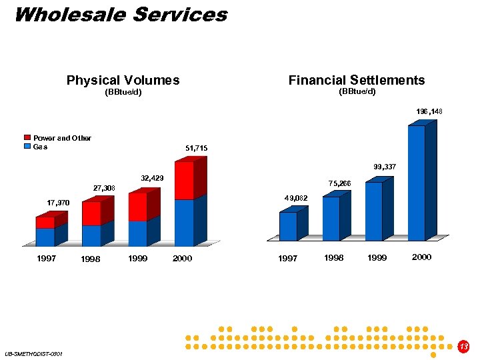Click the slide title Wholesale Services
(120, 15)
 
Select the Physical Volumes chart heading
(123, 81)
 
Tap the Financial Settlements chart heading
(356, 81)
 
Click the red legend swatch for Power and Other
(28, 138)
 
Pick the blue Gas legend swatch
(28, 147)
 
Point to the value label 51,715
(197, 147)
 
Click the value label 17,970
(59, 203)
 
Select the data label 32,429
(153, 179)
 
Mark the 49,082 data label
(295, 198)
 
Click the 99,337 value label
(385, 166)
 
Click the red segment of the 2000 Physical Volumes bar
(184, 181)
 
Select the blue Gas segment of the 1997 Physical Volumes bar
(45, 237)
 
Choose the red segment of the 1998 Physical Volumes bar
(91, 213)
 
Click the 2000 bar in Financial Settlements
(417, 183)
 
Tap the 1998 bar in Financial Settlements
(331, 218)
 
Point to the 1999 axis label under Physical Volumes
(137, 258)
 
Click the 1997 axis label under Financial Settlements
(287, 258)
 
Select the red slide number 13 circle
(464, 346)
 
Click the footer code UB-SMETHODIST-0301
(33, 353)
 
